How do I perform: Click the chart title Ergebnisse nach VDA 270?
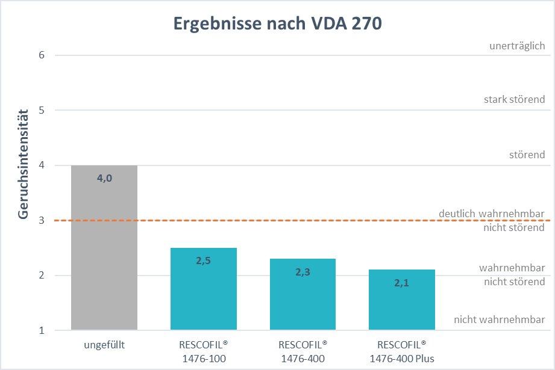coord(277,23)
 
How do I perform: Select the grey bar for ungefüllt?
coord(104,253)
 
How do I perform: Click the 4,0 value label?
coord(104,178)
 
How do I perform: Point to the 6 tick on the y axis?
coord(42,55)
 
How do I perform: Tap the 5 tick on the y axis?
coord(42,110)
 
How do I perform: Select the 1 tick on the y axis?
coord(42,330)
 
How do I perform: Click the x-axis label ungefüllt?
coord(104,346)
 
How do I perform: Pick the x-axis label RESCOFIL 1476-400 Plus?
coord(401,352)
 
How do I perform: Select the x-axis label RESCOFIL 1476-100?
coord(203,352)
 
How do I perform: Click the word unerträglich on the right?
coord(518,46)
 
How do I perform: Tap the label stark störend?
coord(514,99)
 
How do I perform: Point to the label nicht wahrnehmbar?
coord(499,319)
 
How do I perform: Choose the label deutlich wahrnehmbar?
coord(492,214)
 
